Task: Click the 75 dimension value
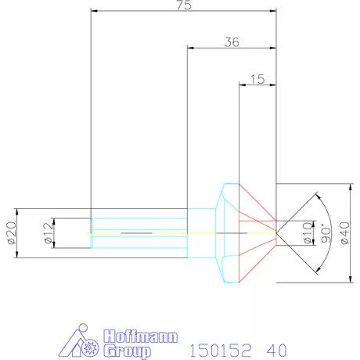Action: pyautogui.click(x=184, y=5)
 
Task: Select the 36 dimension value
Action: pyautogui.click(x=232, y=42)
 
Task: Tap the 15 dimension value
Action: pyautogui.click(x=257, y=79)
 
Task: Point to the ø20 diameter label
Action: pyautogui.click(x=12, y=232)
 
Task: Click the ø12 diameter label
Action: pyautogui.click(x=49, y=232)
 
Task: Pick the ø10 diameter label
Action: pyautogui.click(x=308, y=232)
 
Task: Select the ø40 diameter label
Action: pyautogui.click(x=345, y=232)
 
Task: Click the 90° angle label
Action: pyautogui.click(x=326, y=233)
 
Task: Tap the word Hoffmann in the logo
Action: pyautogui.click(x=141, y=337)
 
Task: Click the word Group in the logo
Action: pyautogui.click(x=127, y=351)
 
